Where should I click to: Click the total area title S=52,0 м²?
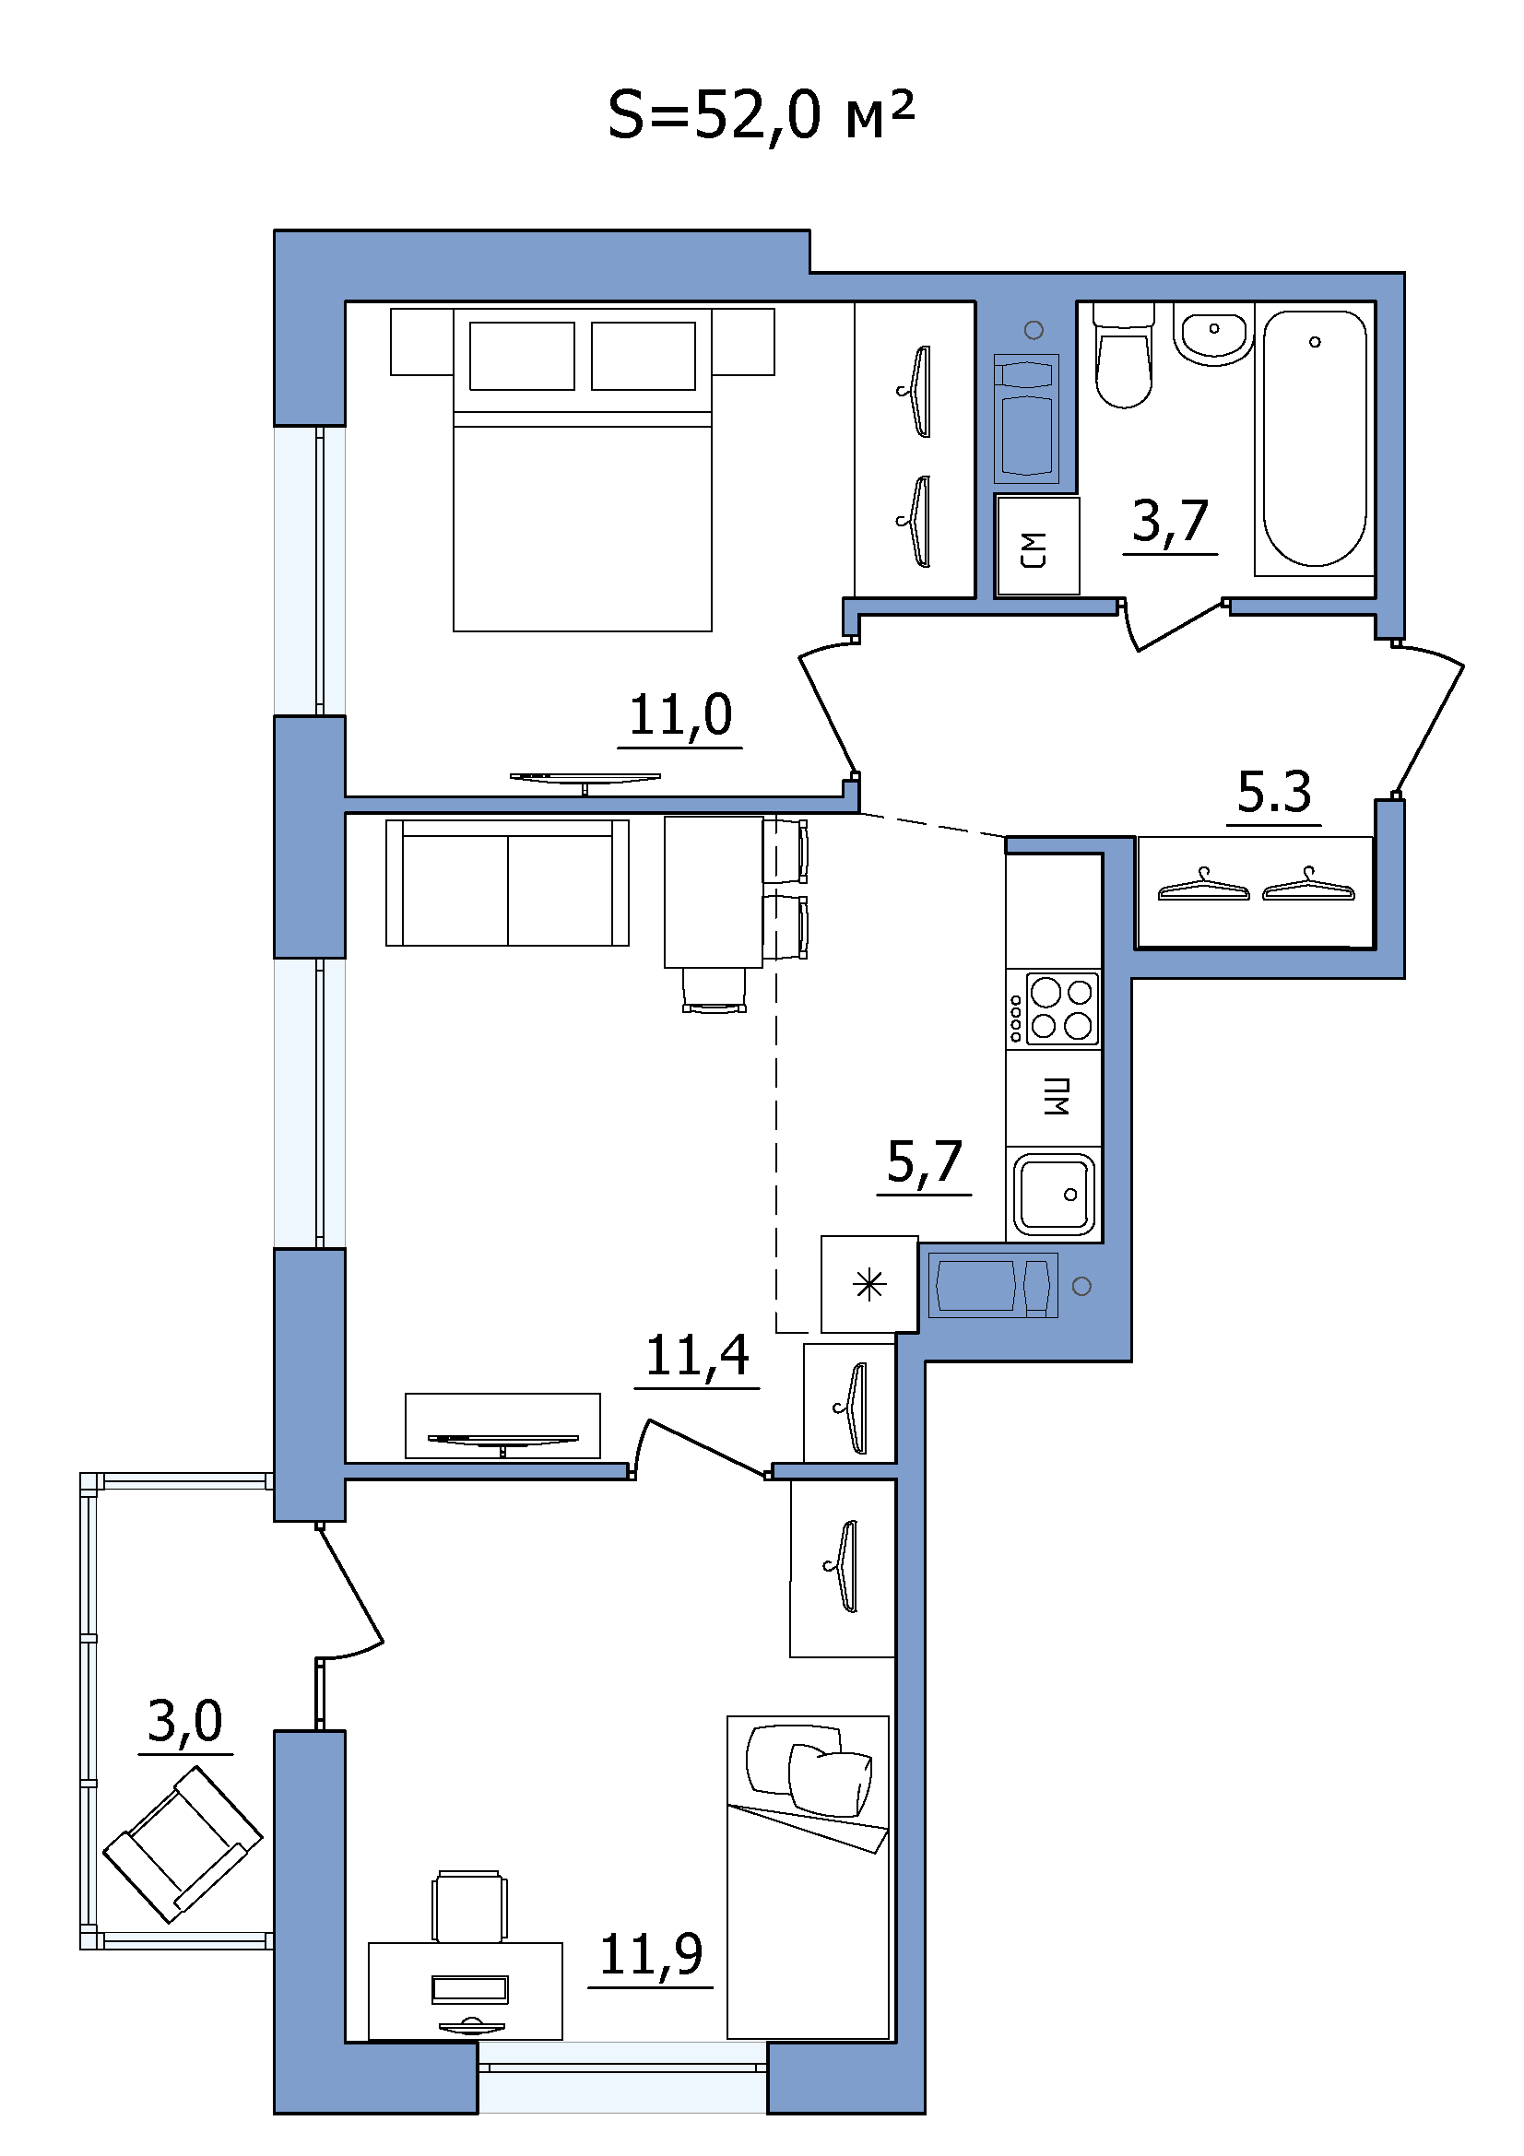761,116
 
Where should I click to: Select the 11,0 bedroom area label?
679,715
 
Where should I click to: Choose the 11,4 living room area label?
697,1356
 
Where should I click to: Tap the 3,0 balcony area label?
185,1721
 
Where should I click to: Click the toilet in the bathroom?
1123,355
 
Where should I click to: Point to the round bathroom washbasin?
1214,335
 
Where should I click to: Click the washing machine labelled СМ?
1037,547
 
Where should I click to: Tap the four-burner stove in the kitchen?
1053,1009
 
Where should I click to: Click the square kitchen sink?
1054,1194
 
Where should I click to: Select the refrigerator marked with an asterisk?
869,1284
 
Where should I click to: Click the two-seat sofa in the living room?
507,882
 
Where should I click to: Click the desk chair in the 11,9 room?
469,1906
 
